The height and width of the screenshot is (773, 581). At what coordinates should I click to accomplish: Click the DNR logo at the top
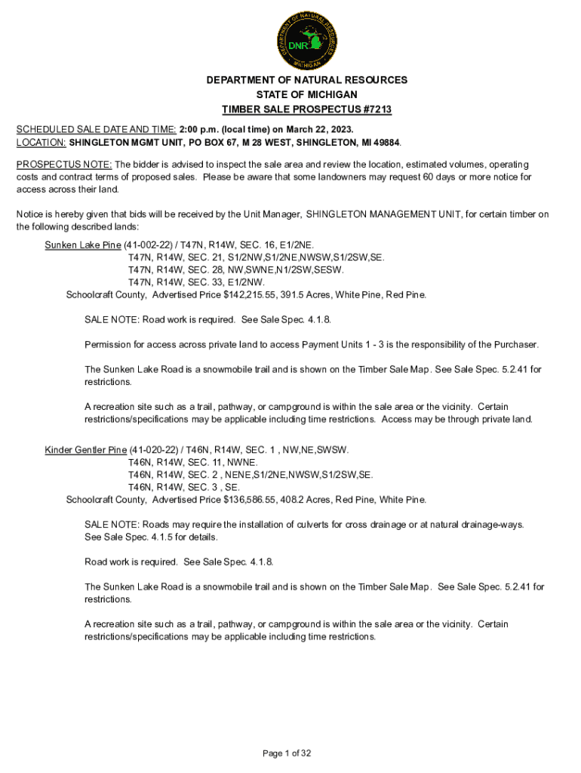[306, 40]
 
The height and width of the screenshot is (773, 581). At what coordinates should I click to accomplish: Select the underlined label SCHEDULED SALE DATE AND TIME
[96, 128]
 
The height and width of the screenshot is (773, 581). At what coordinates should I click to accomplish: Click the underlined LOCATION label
[41, 142]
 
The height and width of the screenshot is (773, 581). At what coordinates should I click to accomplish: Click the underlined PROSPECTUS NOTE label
[64, 164]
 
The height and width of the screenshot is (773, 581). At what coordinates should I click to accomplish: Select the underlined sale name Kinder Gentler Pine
[86, 451]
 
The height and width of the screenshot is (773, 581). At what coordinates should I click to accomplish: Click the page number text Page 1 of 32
[287, 753]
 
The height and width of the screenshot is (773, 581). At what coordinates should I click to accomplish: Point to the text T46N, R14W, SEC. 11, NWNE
[193, 463]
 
